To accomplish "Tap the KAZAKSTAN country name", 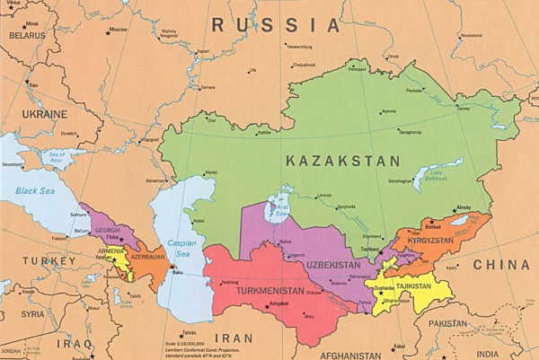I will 342,161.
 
